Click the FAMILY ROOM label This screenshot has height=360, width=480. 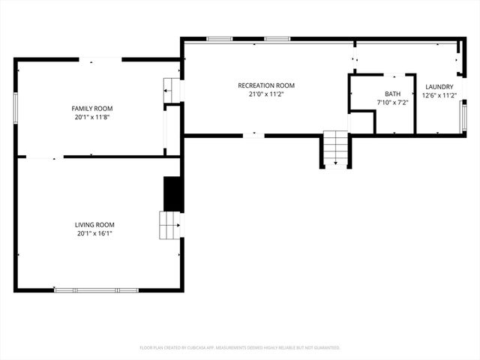(92, 109)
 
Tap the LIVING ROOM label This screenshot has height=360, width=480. (94, 224)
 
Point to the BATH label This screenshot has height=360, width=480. (392, 94)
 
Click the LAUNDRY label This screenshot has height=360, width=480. (439, 87)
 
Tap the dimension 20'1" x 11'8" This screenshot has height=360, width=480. (92, 118)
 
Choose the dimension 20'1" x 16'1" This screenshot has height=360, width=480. (94, 233)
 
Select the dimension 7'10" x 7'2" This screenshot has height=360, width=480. (392, 103)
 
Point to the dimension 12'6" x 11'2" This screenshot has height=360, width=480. (439, 95)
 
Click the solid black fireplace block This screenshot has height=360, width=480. (173, 193)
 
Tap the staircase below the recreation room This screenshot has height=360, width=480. (336, 148)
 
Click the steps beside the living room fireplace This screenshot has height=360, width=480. (169, 224)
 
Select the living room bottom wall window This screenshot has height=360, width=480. (96, 290)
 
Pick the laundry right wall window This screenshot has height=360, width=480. (463, 116)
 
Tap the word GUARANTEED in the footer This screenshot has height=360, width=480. (324, 348)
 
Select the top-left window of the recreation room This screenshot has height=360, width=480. (219, 38)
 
